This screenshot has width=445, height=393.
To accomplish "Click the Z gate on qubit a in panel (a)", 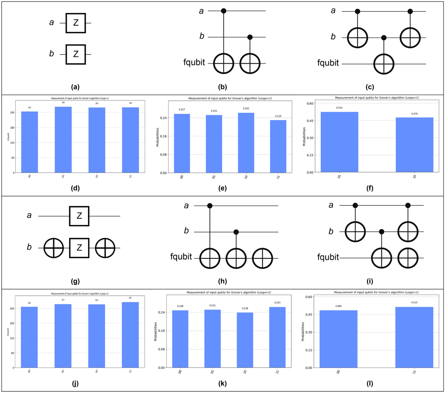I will tap(76, 23).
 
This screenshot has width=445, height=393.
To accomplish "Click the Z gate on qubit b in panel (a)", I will tap(76, 54).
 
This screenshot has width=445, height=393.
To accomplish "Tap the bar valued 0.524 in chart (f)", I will tap(339, 142).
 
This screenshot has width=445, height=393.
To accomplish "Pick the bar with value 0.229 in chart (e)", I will tap(278, 146).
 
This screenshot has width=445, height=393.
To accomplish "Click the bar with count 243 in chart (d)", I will tap(29, 142).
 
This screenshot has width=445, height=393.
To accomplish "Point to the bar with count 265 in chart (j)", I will tap(130, 335).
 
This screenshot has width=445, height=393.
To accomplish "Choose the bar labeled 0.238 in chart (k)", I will tap(245, 340).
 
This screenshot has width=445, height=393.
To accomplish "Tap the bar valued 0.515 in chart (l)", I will tap(414, 337).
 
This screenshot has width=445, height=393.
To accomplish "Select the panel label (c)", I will tap(370, 87).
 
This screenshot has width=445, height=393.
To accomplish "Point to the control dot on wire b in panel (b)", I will tap(250, 37).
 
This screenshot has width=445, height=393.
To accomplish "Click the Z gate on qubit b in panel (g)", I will tap(79, 248).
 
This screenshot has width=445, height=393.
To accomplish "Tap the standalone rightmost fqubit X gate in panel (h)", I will tap(263, 258).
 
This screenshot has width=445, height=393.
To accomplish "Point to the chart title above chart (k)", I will tap(228, 293).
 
